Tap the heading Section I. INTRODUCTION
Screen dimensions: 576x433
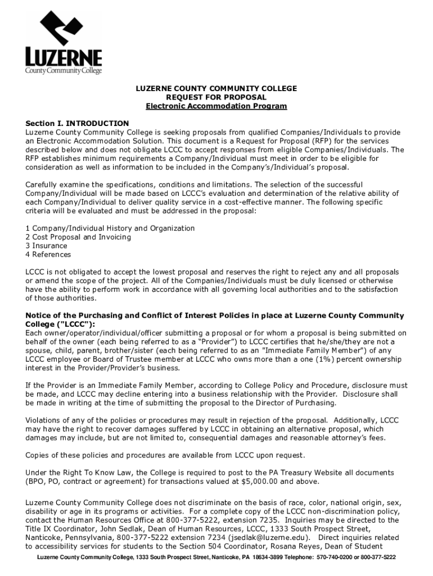pos(78,123)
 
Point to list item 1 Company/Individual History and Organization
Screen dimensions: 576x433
pos(110,228)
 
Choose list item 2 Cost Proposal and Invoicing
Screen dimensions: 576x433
pos(78,237)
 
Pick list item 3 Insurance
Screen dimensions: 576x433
pos(47,246)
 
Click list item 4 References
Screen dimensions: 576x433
pos(48,254)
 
